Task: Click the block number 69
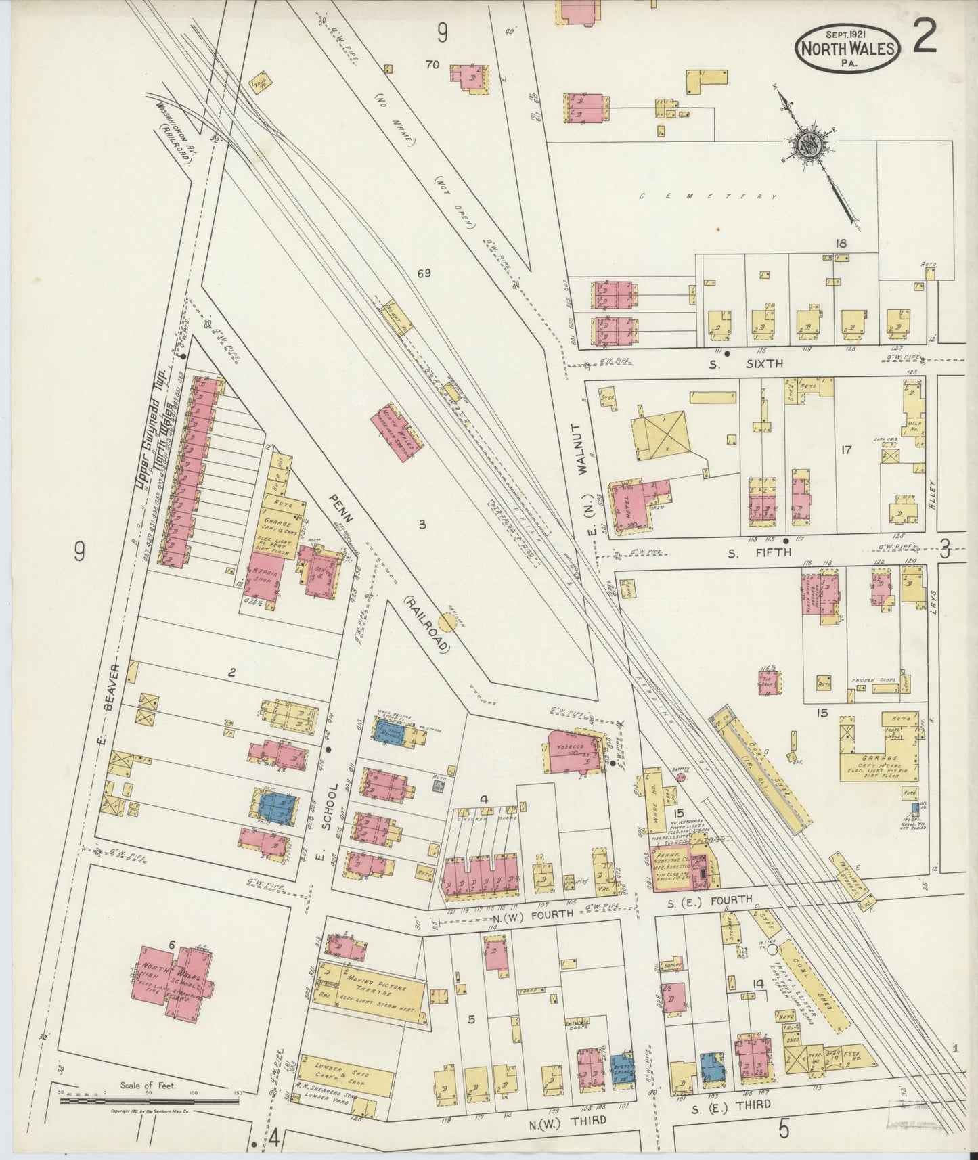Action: (x=424, y=274)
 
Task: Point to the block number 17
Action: (x=845, y=449)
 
